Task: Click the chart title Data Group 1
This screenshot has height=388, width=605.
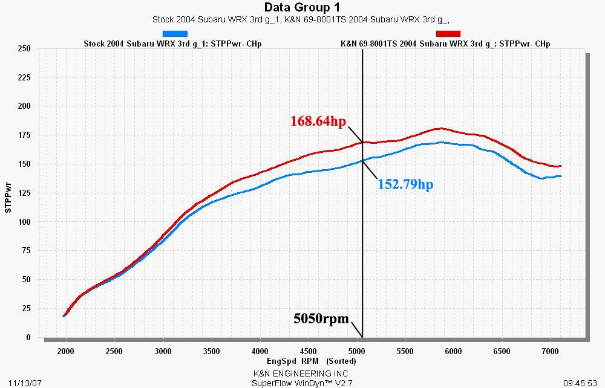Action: (x=302, y=7)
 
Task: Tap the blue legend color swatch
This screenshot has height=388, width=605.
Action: (x=175, y=34)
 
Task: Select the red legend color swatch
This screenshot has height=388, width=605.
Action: (x=448, y=34)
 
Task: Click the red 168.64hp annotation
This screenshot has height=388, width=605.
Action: (x=318, y=122)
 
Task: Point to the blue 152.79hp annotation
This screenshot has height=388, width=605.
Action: (x=405, y=184)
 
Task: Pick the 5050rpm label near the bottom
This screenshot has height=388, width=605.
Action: (x=321, y=318)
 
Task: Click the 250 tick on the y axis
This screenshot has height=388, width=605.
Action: (x=24, y=48)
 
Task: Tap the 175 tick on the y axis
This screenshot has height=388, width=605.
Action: (x=24, y=135)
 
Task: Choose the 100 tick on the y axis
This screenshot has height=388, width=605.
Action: (x=24, y=222)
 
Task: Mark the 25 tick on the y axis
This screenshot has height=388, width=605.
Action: (x=25, y=309)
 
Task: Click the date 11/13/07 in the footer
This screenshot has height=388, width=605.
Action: (x=16, y=383)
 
